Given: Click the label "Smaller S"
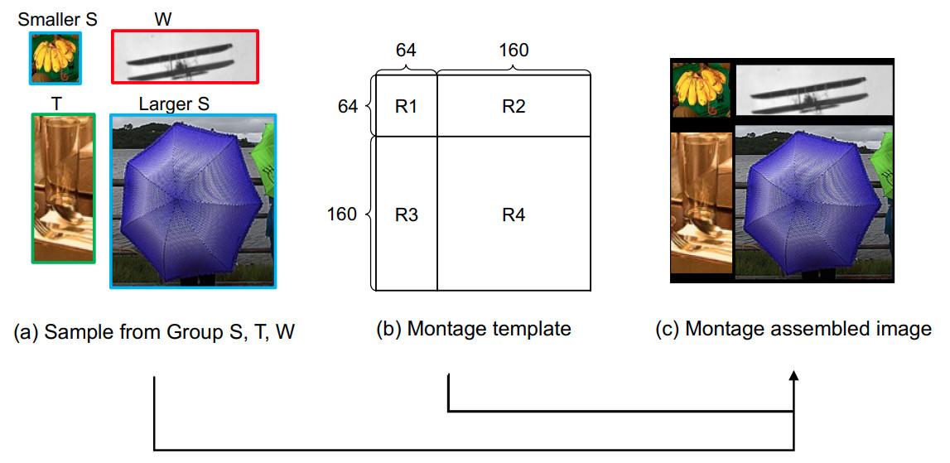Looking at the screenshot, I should point(57,19).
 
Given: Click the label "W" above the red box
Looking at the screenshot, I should point(163,19).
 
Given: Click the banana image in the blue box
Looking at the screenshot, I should point(55,57).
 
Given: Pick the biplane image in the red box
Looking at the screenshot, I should point(185,57).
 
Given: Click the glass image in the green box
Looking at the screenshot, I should point(64,188).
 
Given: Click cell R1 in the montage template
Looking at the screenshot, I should point(406,106).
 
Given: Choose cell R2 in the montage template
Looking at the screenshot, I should point(514,106).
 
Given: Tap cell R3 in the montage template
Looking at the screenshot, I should point(406,215).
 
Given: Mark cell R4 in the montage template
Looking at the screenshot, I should point(514,215).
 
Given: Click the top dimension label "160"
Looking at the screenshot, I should point(514,51).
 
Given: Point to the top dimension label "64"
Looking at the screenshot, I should point(406,51).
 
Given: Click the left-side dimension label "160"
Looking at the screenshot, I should point(341,215).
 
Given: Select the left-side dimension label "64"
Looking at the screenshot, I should point(346,106).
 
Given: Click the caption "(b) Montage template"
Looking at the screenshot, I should point(473,329).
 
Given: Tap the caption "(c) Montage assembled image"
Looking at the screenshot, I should point(793,329).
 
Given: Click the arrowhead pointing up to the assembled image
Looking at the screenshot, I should point(794,377).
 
